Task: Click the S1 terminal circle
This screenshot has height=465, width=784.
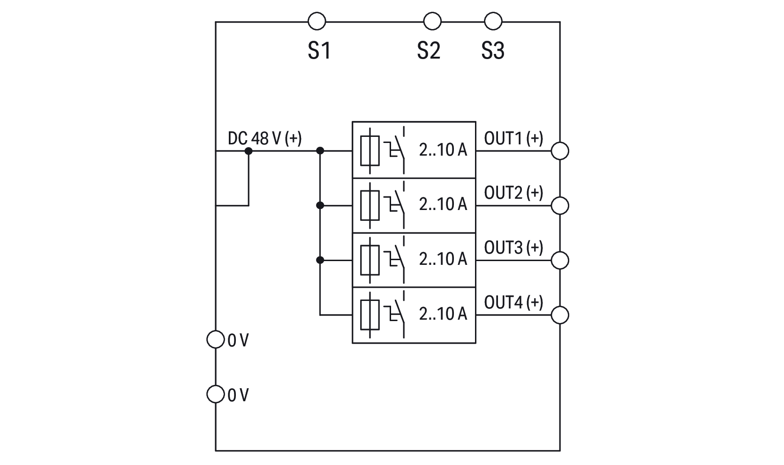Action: tap(317, 22)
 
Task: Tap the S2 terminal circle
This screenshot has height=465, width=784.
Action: tap(432, 22)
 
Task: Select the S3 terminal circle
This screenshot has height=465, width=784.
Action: tap(493, 22)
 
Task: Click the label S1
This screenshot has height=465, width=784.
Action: tap(319, 51)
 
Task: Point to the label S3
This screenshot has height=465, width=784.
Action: tap(493, 51)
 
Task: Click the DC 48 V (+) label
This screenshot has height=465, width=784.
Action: tap(264, 138)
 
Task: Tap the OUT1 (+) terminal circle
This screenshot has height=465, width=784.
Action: tap(560, 151)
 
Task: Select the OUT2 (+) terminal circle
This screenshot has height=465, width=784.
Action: tap(560, 205)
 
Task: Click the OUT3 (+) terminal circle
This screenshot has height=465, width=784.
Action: tap(560, 260)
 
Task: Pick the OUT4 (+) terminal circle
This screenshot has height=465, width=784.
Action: tap(560, 315)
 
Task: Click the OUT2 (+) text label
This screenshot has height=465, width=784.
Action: tap(513, 193)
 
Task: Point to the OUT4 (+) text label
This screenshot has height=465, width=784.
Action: tap(513, 302)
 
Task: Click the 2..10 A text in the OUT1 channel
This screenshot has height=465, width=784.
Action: tap(443, 150)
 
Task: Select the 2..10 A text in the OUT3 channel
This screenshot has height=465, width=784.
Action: tap(443, 259)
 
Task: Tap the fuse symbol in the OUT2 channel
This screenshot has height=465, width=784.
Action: tap(369, 205)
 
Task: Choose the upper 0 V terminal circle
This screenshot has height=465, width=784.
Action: tap(215, 339)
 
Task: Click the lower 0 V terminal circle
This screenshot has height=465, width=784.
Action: tap(215, 394)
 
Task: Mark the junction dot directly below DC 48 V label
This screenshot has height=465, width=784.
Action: tap(249, 151)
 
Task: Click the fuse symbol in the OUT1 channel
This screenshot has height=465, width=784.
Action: tap(369, 150)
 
